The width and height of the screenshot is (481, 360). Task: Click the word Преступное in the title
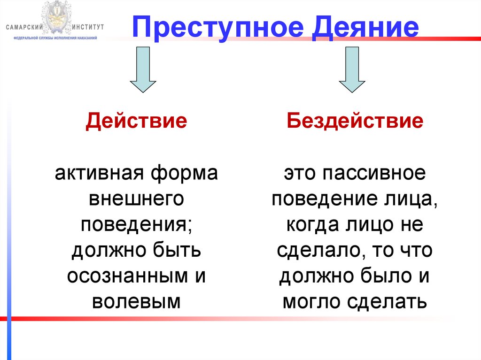pyautogui.click(x=213, y=28)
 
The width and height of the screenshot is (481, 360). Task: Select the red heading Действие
pyautogui.click(x=136, y=121)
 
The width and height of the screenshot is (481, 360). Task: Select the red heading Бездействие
pyautogui.click(x=356, y=121)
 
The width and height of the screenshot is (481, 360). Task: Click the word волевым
pyautogui.click(x=136, y=301)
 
